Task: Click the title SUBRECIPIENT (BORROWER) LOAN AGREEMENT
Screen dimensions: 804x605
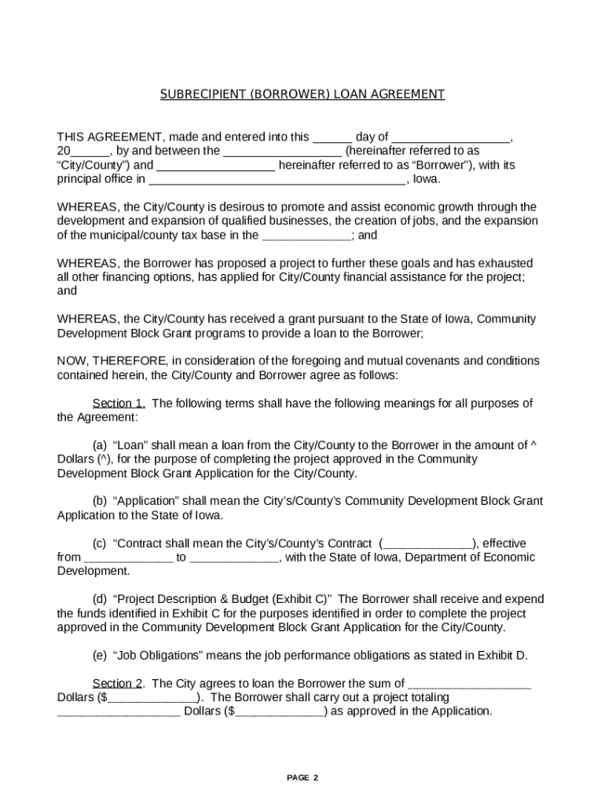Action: click(x=302, y=94)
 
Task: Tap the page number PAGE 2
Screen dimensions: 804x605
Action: click(x=302, y=777)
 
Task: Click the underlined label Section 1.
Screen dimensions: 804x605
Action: click(x=119, y=404)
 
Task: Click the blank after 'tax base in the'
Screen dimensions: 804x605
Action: click(x=306, y=235)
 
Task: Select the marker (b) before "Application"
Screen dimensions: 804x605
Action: click(x=100, y=501)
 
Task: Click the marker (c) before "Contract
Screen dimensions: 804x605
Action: click(x=100, y=543)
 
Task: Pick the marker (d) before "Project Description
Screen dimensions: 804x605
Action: click(x=100, y=599)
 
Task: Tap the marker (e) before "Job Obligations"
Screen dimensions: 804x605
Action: click(x=100, y=656)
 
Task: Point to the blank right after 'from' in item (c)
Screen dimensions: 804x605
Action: click(x=128, y=557)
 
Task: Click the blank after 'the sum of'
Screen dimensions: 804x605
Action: click(x=470, y=683)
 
